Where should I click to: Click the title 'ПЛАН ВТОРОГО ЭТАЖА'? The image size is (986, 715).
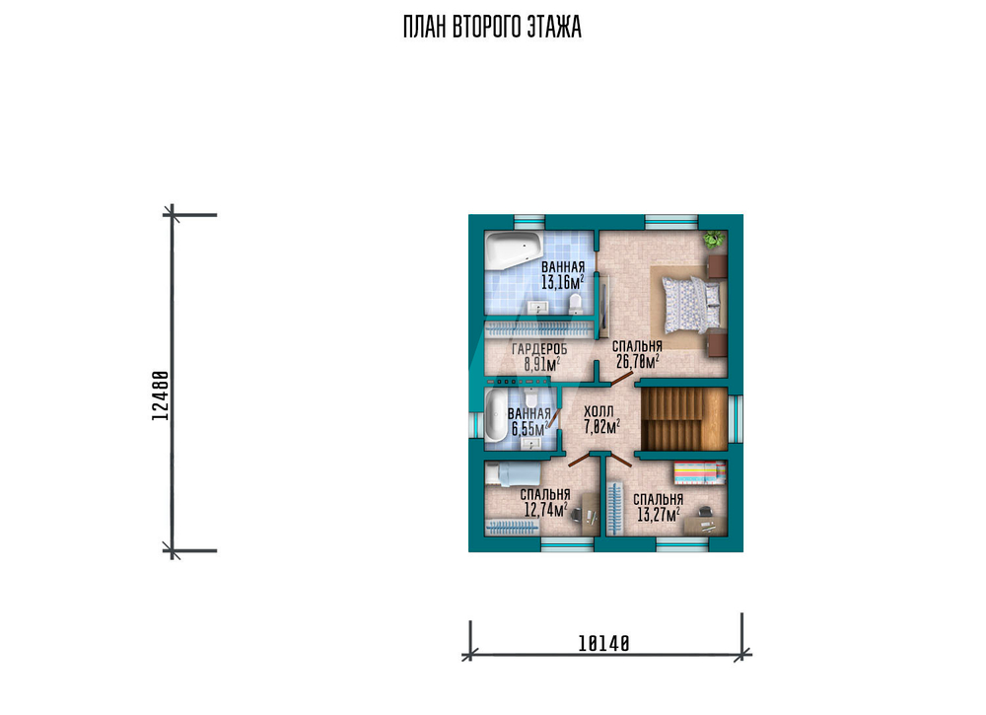coord(492,28)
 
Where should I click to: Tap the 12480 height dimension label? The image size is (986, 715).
coord(161,395)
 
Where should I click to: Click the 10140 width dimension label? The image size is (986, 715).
coord(603,643)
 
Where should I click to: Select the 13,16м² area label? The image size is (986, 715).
coord(563,282)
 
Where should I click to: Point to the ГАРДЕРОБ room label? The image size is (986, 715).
coord(539,350)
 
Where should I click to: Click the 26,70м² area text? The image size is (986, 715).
coord(638,361)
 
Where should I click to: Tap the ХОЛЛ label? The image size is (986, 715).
coord(599,412)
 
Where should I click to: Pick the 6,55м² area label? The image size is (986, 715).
coord(528,430)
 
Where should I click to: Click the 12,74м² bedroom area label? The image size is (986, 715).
coord(546,509)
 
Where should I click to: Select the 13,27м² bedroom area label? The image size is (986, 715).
coord(659,515)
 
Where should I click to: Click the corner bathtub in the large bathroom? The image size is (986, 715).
coord(513,250)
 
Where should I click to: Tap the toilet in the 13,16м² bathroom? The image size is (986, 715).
coord(575,305)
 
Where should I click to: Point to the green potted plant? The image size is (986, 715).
coord(714,239)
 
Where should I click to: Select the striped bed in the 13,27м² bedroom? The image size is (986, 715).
coord(699,473)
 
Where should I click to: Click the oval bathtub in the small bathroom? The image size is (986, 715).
coord(495,415)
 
